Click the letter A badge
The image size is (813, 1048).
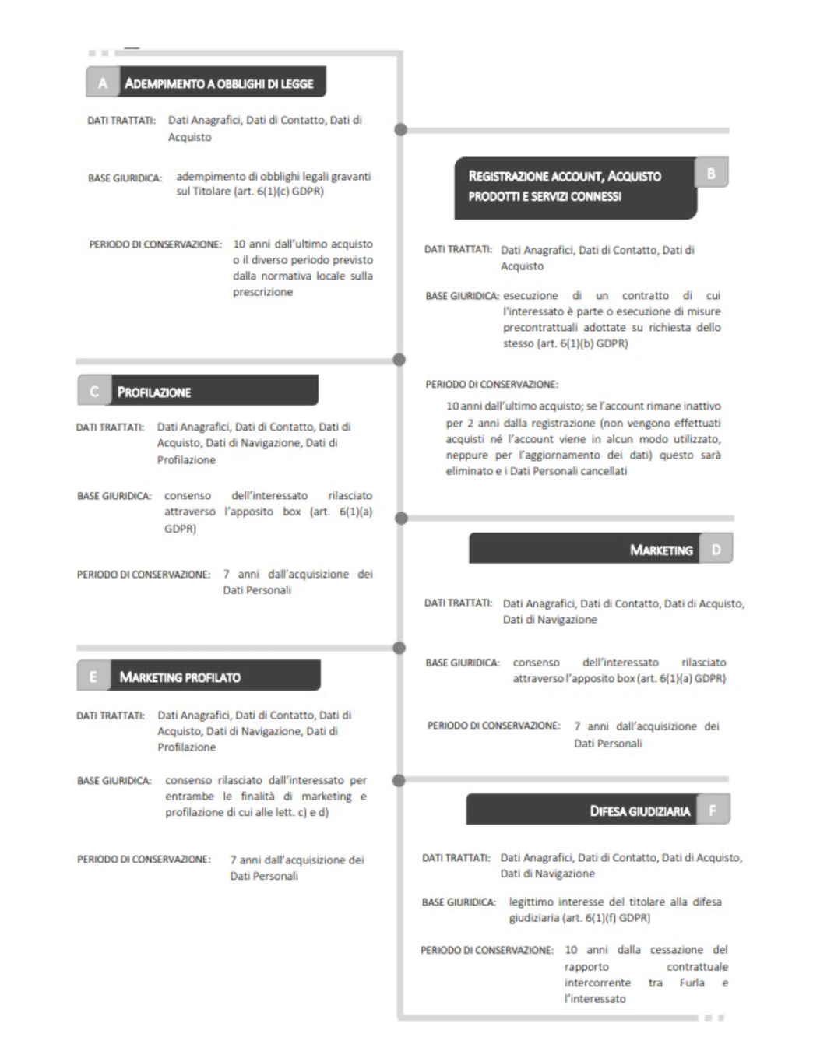[102, 83]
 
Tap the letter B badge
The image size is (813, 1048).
[710, 173]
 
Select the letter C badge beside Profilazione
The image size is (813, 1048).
[94, 391]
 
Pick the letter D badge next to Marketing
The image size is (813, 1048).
[716, 549]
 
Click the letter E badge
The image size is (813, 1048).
[93, 676]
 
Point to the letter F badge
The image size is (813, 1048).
[712, 810]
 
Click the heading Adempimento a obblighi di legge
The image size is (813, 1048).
[219, 83]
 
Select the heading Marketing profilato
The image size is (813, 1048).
[180, 677]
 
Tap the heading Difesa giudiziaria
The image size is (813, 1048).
[639, 811]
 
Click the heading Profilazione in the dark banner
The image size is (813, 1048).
[154, 392]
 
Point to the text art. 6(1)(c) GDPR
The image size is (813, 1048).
[289, 191]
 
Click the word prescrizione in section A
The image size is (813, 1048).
[262, 292]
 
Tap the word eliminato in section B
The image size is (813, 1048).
[470, 471]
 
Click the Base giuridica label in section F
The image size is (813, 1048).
[459, 902]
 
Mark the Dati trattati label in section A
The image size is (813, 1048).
[121, 121]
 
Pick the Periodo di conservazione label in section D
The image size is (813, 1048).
[493, 726]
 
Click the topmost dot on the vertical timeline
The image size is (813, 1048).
[400, 129]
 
